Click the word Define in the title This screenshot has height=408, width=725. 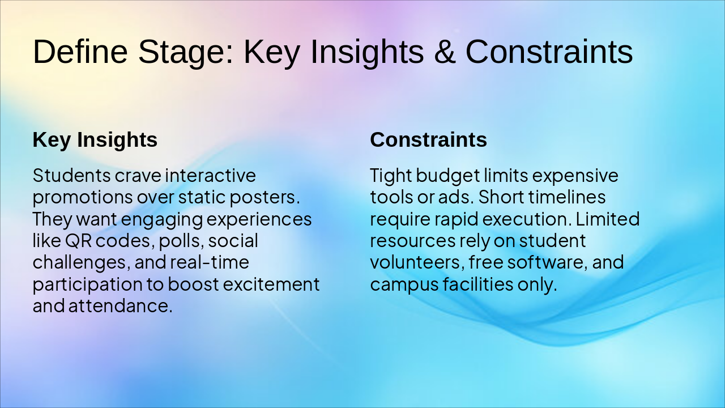click(x=80, y=52)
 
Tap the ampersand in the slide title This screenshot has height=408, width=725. click(x=445, y=52)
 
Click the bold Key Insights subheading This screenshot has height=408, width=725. click(x=95, y=139)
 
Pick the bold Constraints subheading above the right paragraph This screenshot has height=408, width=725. click(x=428, y=139)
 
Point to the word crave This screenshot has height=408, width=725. click(x=138, y=176)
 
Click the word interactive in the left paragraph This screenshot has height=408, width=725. click(x=210, y=175)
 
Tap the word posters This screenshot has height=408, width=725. click(x=265, y=198)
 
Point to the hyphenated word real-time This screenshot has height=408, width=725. click(x=210, y=262)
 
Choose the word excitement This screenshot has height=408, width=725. click(x=271, y=284)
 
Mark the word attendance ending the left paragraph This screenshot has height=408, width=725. click(x=121, y=306)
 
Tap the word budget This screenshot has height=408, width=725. click(x=448, y=176)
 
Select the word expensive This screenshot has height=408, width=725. click(x=575, y=176)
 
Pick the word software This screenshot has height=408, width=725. click(x=547, y=262)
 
